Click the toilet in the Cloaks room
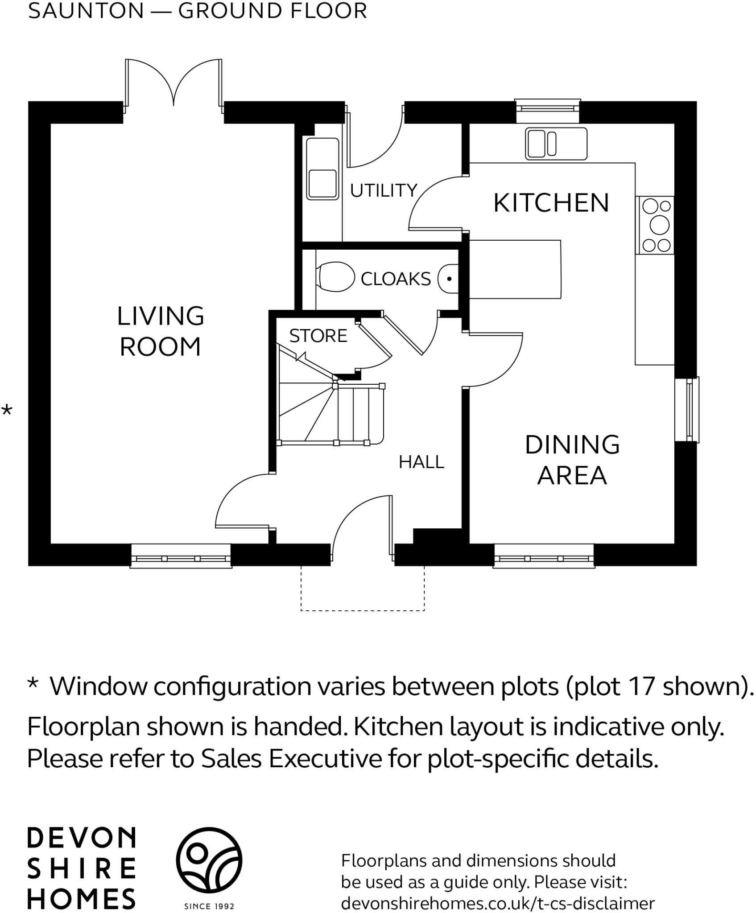click(335, 276)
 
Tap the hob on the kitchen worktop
click(655, 225)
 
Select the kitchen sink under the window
click(556, 143)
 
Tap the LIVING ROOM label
click(160, 331)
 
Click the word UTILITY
click(383, 191)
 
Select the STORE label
click(318, 336)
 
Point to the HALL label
click(421, 462)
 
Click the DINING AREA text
click(572, 460)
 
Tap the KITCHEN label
click(551, 203)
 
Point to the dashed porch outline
click(362, 610)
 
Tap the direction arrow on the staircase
click(302, 356)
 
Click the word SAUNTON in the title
click(86, 11)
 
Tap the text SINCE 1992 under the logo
click(209, 906)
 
